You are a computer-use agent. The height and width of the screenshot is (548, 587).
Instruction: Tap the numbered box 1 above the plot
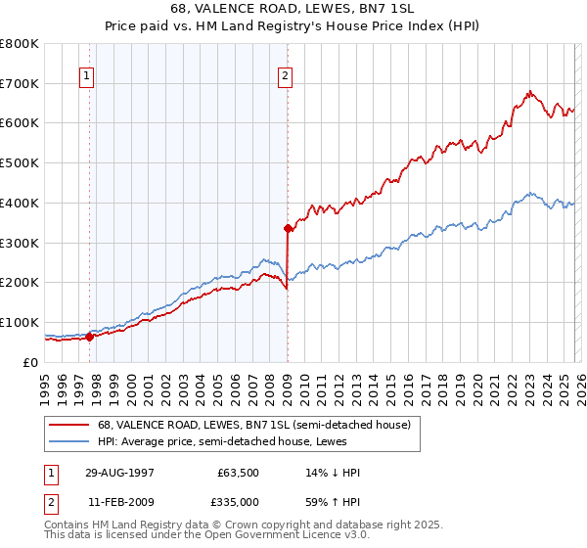click(88, 75)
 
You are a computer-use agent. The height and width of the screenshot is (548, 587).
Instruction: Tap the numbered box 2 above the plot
click(286, 75)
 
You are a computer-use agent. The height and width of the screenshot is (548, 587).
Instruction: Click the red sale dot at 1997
click(90, 337)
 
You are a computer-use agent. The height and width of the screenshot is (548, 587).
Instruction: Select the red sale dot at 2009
click(288, 228)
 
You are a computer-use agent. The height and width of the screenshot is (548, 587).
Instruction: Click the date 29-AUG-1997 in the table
click(118, 473)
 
